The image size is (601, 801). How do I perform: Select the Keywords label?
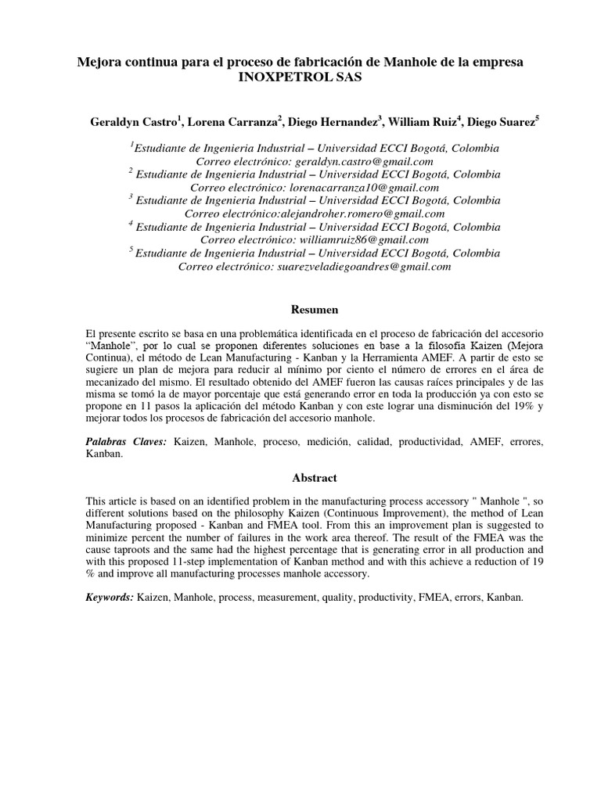click(110, 597)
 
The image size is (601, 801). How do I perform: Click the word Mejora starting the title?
click(98, 61)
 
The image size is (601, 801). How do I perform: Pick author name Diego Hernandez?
click(333, 122)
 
